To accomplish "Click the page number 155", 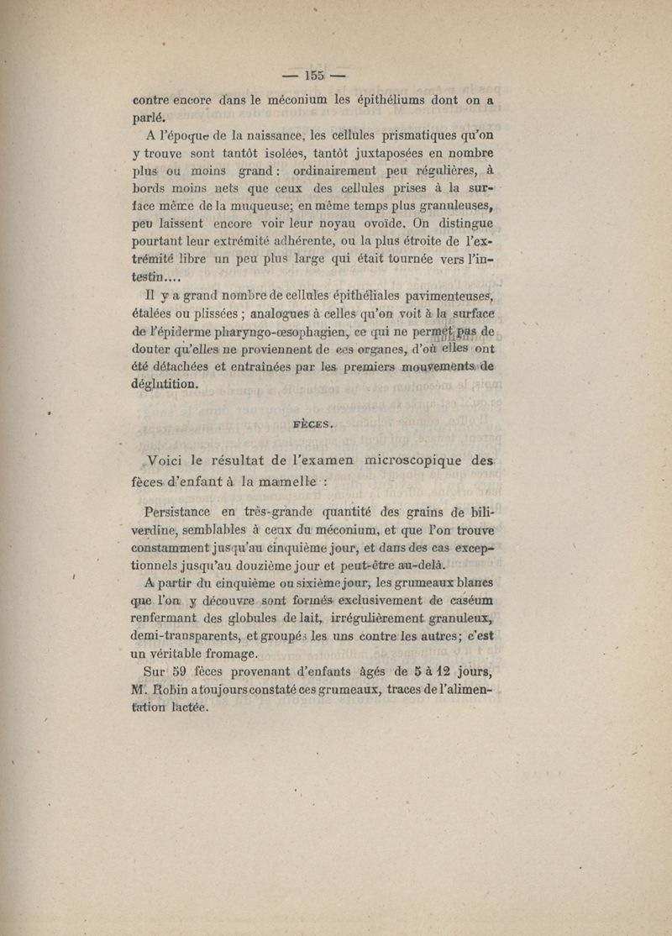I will (x=315, y=73).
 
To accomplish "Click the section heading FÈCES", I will (x=313, y=424).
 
